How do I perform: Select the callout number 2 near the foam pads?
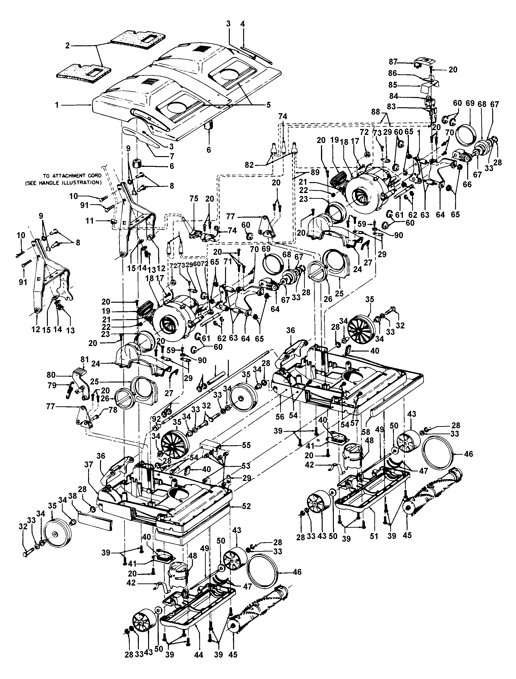[x=67, y=46]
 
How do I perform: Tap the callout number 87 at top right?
[x=393, y=62]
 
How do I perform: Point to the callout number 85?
[x=393, y=85]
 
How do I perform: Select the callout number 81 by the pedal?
[x=85, y=359]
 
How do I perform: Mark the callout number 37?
[x=89, y=465]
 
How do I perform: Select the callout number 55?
[x=246, y=445]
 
